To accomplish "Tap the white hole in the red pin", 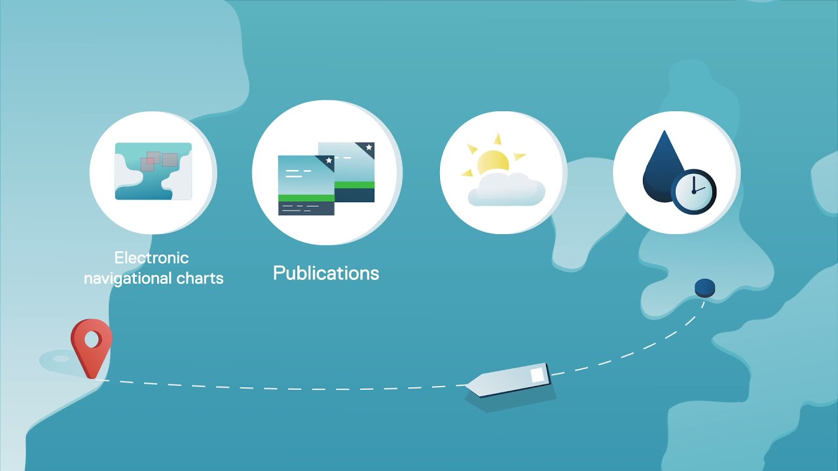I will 91,340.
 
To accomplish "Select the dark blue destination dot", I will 704,287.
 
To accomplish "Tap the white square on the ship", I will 537,375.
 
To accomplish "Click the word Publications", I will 326,273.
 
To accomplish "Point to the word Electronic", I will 151,258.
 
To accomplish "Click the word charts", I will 200,278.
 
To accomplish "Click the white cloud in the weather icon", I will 505,190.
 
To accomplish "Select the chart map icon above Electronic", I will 153,171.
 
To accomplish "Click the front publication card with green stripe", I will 306,186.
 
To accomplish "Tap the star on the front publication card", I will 329,160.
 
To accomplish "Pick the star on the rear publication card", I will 369,147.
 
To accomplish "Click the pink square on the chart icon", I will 147,164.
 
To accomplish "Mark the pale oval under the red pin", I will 60,359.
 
